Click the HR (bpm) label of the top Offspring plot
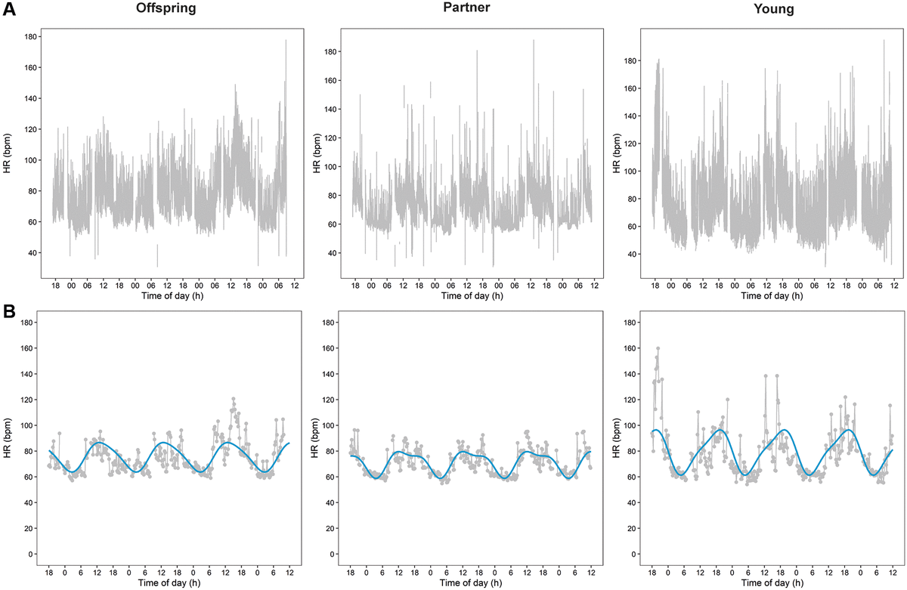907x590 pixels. click(x=8, y=154)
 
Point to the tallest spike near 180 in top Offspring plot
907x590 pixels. click(x=286, y=41)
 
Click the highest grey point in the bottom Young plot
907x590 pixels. click(x=658, y=348)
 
